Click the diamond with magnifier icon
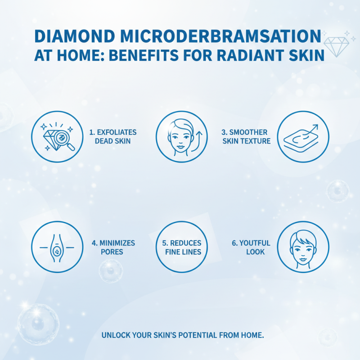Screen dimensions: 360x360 pos(57,136)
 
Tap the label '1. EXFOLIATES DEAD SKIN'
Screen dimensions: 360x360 pos(112,136)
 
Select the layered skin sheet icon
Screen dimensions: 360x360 pos(302,137)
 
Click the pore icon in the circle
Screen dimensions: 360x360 pos(57,247)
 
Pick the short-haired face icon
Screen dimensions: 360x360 pos(302,247)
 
